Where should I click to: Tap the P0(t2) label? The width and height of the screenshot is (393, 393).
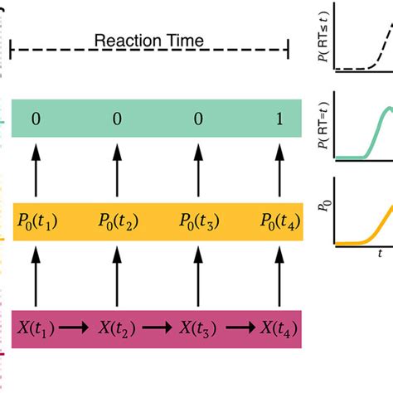click(117, 222)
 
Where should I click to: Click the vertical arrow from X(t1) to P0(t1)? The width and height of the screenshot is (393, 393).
click(36, 274)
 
